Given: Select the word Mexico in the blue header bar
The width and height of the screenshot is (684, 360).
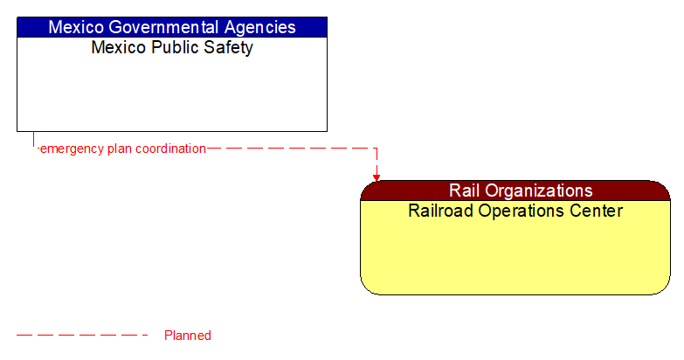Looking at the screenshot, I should click(75, 27).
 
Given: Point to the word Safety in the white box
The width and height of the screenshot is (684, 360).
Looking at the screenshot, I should click(225, 48).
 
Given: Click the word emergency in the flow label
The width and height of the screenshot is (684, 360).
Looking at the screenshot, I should click(72, 149).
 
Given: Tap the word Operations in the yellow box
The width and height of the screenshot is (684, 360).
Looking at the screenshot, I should click(527, 211).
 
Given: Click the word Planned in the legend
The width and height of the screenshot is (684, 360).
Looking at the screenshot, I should click(188, 336).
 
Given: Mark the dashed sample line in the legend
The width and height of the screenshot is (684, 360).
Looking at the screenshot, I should click(83, 335).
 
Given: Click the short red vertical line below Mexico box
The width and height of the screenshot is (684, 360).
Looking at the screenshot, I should click(33, 140).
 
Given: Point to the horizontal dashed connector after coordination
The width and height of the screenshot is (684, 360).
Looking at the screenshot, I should click(288, 149).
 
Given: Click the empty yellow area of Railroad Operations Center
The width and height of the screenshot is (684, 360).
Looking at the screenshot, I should click(515, 258).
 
